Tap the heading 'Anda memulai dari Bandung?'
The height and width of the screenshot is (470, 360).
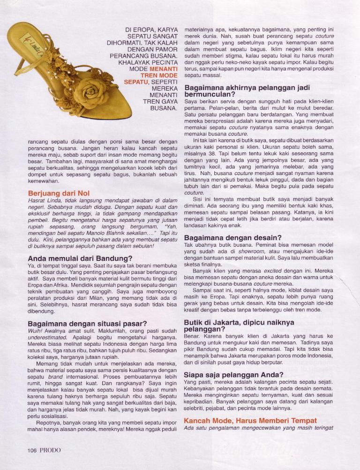coord(80,258)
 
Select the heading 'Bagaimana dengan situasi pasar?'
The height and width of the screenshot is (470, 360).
coord(88,324)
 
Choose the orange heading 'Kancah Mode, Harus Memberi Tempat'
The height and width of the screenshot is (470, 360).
coord(250,420)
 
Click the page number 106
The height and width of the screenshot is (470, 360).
coord(32,450)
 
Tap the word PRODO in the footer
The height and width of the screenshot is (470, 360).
coord(50,450)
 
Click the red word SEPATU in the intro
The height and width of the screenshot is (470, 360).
coord(135,82)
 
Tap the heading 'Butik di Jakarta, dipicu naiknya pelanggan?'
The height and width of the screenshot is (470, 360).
coord(239,326)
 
